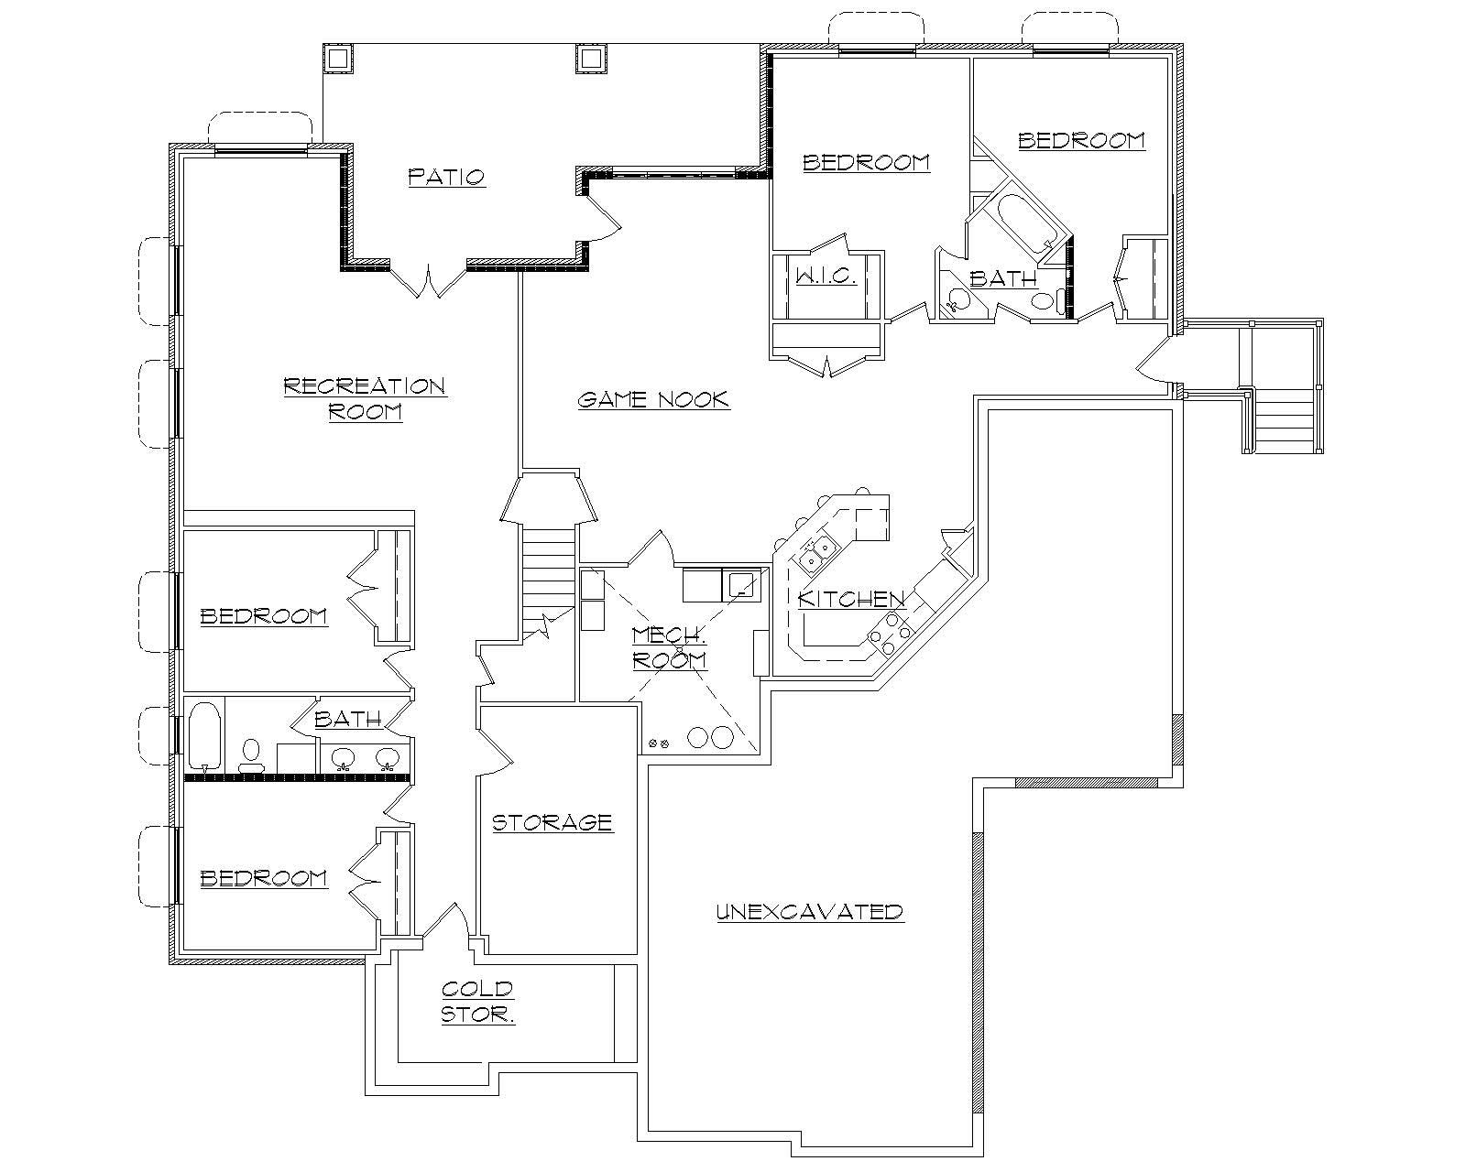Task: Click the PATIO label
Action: (x=446, y=176)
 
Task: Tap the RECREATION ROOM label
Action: (x=365, y=398)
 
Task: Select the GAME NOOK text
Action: (x=653, y=399)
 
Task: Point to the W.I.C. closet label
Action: (x=826, y=277)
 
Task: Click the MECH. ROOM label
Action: (x=670, y=646)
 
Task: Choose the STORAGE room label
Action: (x=552, y=822)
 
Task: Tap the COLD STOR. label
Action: (x=477, y=1002)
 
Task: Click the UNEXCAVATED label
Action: (x=810, y=912)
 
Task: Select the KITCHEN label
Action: (x=851, y=599)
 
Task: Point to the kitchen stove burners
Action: (x=890, y=634)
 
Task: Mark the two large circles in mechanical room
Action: (x=711, y=737)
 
